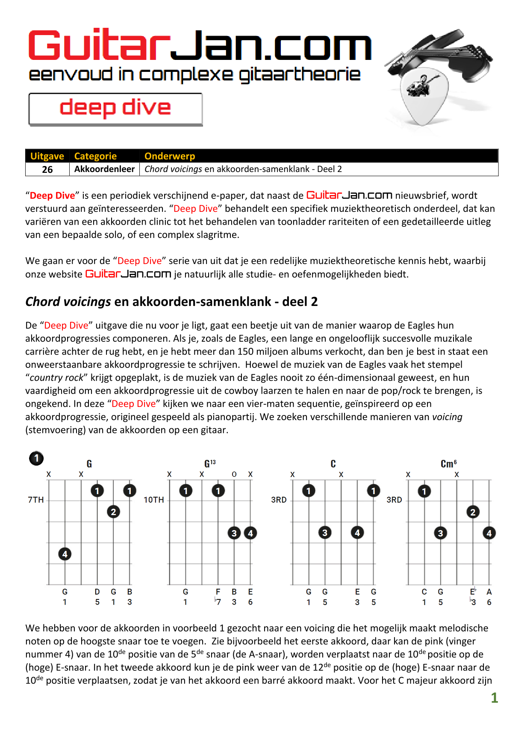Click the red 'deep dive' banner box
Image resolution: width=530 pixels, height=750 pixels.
pos(115,109)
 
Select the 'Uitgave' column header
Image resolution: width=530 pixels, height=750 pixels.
pos(47,156)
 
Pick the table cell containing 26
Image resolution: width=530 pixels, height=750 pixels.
pos(47,169)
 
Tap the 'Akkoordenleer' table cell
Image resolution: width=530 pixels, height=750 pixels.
pos(104,169)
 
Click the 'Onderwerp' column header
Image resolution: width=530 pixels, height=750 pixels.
pos(170,156)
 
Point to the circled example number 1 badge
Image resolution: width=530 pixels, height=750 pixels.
pos(36,458)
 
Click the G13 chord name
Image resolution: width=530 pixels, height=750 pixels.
pos(210,464)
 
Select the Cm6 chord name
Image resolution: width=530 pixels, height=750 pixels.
pos(448,464)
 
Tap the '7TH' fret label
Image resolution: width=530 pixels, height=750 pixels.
pos(36,500)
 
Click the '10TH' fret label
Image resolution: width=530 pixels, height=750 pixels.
pos(154,500)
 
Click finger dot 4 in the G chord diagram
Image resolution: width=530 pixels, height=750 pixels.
pos(65,554)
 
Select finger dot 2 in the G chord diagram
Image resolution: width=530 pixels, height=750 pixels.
pos(113,512)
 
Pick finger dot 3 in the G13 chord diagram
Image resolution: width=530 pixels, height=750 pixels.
pos(234,533)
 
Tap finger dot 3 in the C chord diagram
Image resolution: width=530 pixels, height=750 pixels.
pos(325,533)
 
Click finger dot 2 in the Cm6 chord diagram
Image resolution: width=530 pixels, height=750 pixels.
pos(473,512)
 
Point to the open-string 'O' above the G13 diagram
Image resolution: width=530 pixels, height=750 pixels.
pos(234,474)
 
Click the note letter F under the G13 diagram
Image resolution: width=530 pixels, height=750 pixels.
pos(218,592)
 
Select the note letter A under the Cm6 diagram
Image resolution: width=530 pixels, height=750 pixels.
pos(489,592)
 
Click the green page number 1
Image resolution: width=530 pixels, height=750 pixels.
pos(495,698)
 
